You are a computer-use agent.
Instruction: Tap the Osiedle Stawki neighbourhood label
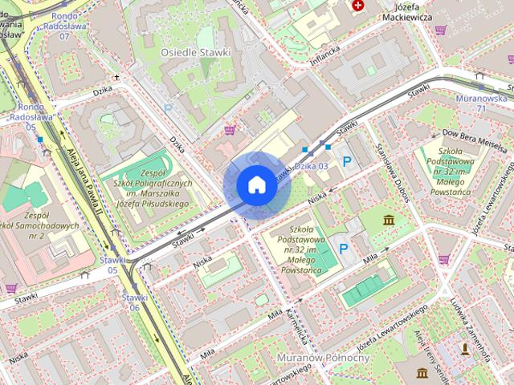click(x=195, y=52)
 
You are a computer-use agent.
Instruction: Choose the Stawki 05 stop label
click(x=113, y=265)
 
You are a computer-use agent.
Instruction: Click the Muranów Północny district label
click(x=320, y=356)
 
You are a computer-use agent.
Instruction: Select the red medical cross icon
click(x=358, y=6)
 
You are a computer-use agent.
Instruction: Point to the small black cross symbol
click(x=117, y=78)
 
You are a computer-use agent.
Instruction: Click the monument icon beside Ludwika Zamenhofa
click(x=465, y=348)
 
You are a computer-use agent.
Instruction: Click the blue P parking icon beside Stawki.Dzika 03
click(x=347, y=162)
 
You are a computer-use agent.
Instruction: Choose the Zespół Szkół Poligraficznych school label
click(x=153, y=188)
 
